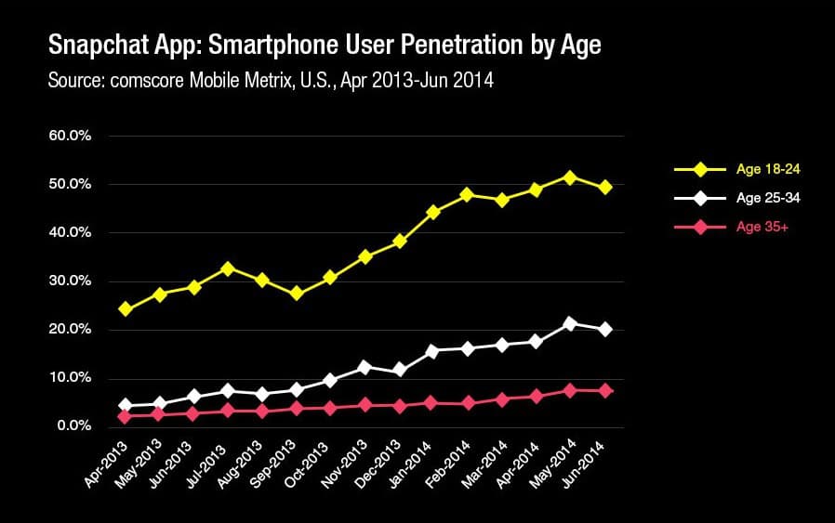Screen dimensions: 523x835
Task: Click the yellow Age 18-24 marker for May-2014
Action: [x=570, y=177]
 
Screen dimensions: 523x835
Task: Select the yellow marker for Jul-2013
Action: [x=227, y=268]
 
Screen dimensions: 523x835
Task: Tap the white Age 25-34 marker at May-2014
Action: [x=570, y=324]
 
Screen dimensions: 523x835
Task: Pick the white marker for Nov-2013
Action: [x=364, y=368]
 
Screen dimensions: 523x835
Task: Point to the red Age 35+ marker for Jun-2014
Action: [x=604, y=391]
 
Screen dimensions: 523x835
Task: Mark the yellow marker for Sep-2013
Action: [x=296, y=294]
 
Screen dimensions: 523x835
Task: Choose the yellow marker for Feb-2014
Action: [x=467, y=195]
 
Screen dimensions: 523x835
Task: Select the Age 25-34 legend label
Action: [x=768, y=198]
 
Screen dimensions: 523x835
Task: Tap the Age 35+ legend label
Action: [x=762, y=226]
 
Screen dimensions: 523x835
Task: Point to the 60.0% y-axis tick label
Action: [x=70, y=136]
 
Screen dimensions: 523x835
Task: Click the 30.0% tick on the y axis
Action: [x=70, y=281]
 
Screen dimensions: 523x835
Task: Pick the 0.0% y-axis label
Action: [x=73, y=426]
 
